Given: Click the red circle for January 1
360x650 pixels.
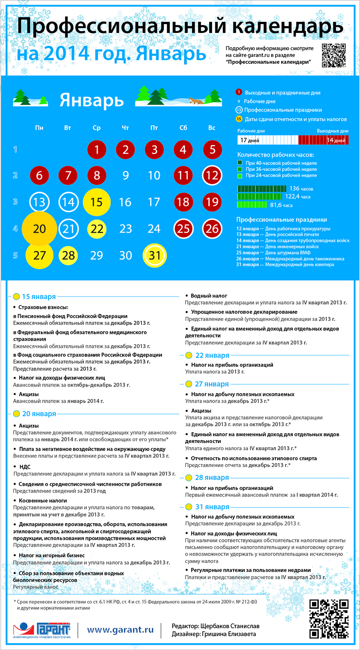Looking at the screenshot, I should [x=97, y=150].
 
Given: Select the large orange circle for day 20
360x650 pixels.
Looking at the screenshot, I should [x=39, y=228].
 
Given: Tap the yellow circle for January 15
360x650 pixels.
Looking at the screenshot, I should [x=97, y=201].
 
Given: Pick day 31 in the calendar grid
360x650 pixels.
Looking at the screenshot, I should [x=154, y=255].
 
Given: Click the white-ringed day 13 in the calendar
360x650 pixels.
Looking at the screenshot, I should [x=39, y=202].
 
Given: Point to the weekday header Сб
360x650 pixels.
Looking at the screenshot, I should [x=183, y=128].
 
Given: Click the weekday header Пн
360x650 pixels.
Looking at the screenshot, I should [x=39, y=128].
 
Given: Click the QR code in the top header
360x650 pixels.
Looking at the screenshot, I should [x=333, y=56].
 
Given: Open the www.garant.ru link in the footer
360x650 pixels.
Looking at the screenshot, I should [x=120, y=629].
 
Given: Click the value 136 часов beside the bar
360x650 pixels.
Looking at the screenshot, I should [x=301, y=189].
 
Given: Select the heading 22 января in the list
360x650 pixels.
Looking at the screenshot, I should [x=212, y=355].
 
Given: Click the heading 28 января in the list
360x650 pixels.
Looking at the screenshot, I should [x=212, y=478].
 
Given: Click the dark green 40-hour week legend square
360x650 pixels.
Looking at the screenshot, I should [x=240, y=163].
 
